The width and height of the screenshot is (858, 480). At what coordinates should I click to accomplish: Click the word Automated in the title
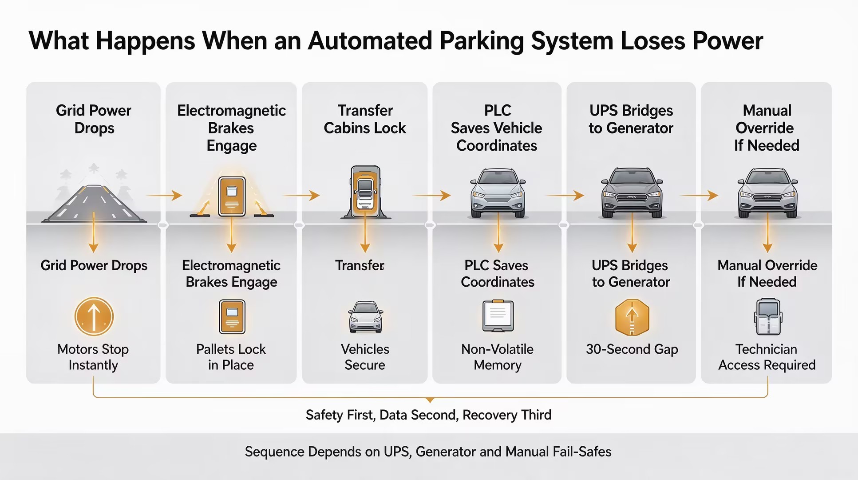coord(370,41)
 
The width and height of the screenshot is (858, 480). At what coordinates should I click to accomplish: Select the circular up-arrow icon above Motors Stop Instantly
coord(94,316)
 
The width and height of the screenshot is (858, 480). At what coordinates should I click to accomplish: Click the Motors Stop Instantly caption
coord(93,357)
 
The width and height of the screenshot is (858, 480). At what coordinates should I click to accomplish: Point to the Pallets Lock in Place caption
coord(231,357)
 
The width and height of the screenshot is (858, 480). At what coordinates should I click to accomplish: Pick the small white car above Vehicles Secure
coord(365,317)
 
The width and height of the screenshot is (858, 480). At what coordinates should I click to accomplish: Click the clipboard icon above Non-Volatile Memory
coord(498,316)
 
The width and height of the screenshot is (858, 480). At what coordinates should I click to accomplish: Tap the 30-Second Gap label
coord(632,349)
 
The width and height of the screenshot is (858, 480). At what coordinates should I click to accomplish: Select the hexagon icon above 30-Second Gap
coord(632,317)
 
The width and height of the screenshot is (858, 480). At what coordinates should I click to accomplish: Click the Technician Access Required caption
coord(767,357)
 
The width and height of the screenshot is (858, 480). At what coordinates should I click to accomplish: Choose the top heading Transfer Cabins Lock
coord(365,119)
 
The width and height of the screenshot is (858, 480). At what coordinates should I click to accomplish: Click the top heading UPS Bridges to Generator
coord(631,119)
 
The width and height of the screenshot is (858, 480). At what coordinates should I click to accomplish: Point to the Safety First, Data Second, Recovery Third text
coord(429,415)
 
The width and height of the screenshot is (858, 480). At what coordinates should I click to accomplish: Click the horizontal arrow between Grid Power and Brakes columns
coord(164,195)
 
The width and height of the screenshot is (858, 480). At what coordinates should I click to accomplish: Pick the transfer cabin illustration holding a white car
coord(365,192)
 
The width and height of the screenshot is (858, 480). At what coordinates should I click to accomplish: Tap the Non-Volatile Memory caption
coord(498,357)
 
